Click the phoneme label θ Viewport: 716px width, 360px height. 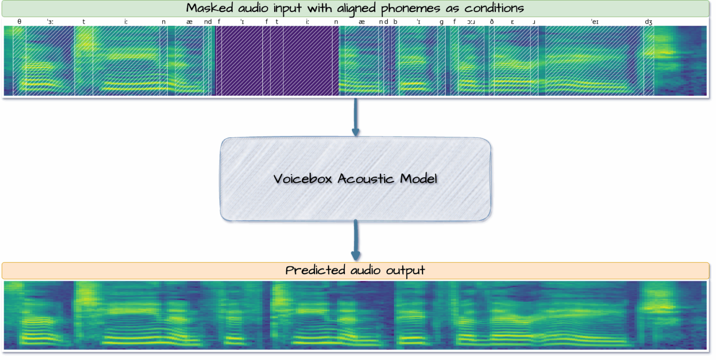coord(19,21)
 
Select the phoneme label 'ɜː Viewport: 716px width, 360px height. coord(50,21)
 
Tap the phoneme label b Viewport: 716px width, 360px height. coord(395,21)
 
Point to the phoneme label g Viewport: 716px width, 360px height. coord(441,21)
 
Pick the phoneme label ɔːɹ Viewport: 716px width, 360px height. coord(471,21)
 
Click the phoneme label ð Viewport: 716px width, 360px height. coord(491,21)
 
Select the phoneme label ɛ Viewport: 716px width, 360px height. coord(512,21)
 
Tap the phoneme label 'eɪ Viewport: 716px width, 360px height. coord(594,21)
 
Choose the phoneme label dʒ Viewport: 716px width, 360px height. coord(648,21)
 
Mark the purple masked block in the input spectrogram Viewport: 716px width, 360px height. coord(278,61)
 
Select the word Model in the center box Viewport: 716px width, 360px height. coord(419,179)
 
